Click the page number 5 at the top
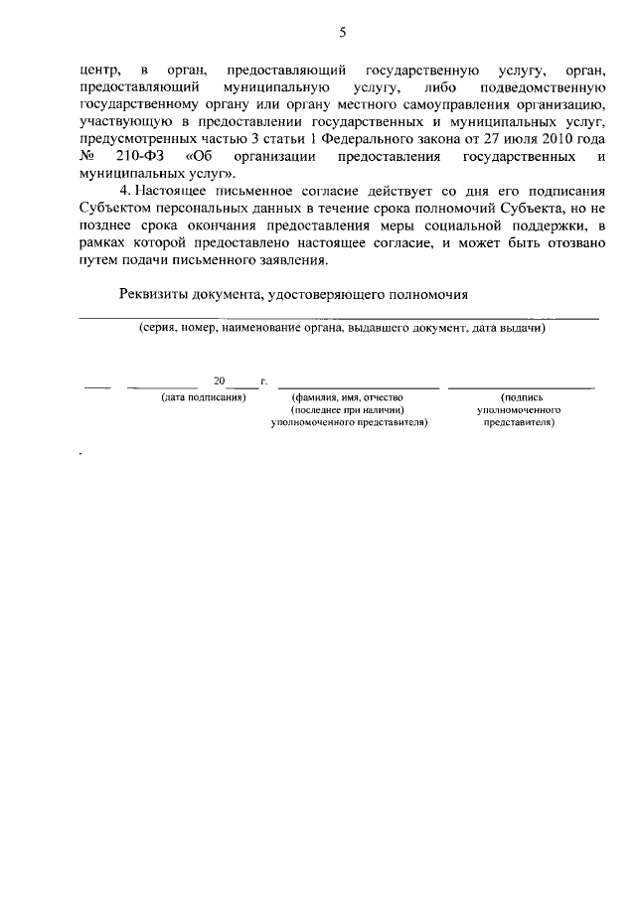click(x=342, y=33)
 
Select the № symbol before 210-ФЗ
click(x=88, y=157)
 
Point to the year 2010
click(x=555, y=140)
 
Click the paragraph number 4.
click(x=123, y=190)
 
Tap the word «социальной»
click(x=492, y=224)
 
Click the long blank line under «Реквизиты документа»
click(x=338, y=317)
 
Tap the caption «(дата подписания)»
click(x=203, y=397)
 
